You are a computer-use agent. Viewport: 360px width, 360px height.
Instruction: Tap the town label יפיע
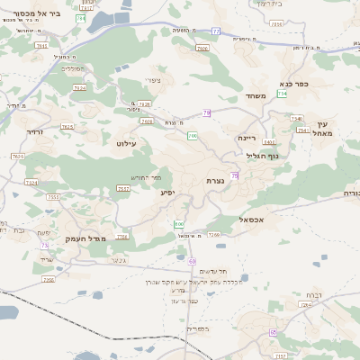pos(168,192)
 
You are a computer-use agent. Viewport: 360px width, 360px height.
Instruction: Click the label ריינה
pos(247,139)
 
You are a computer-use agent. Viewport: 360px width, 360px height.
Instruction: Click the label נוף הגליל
pos(263,156)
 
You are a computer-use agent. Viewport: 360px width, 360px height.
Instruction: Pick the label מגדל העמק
pos(85,238)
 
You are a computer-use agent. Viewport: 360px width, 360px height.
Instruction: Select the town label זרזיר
pos(34,132)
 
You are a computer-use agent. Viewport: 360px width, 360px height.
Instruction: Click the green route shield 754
pos(283,94)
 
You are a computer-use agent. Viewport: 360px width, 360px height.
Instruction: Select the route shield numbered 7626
pos(145,104)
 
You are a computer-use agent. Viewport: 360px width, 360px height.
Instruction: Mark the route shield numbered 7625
pos(67,127)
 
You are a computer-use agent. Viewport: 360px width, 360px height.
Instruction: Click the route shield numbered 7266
pos(213,235)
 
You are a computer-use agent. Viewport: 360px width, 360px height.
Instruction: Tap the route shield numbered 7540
pos(296,118)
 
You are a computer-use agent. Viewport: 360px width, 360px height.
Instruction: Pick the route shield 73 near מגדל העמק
pos(44,245)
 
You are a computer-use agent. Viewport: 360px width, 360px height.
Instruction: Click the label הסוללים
pos(72,69)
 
